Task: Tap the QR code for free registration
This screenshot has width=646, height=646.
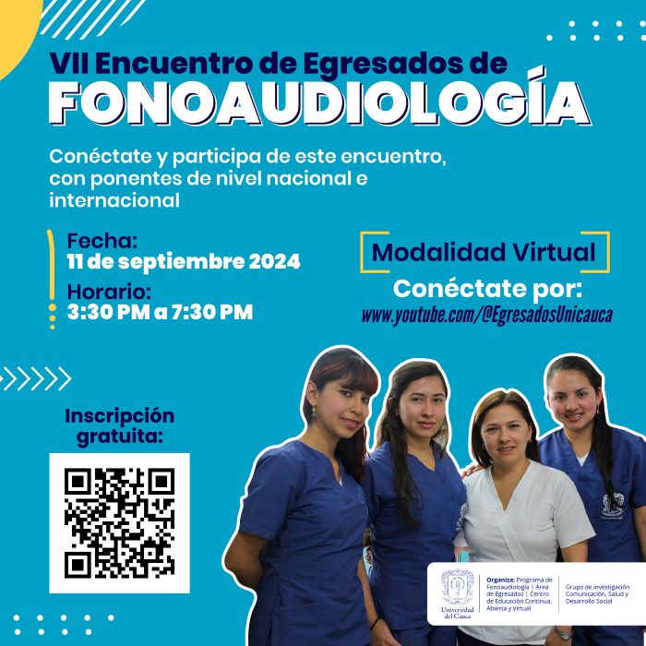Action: coord(119,522)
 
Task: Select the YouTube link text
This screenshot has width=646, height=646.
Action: coord(486,315)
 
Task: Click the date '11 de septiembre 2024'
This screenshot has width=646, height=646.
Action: coord(184,262)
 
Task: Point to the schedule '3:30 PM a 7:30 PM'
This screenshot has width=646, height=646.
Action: coord(160,312)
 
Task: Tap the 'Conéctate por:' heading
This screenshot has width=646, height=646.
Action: coord(487,287)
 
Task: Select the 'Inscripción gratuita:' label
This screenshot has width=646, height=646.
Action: coord(119,425)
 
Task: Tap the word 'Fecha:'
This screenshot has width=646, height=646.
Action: coord(102,241)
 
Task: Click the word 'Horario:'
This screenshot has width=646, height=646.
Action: coord(107,291)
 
